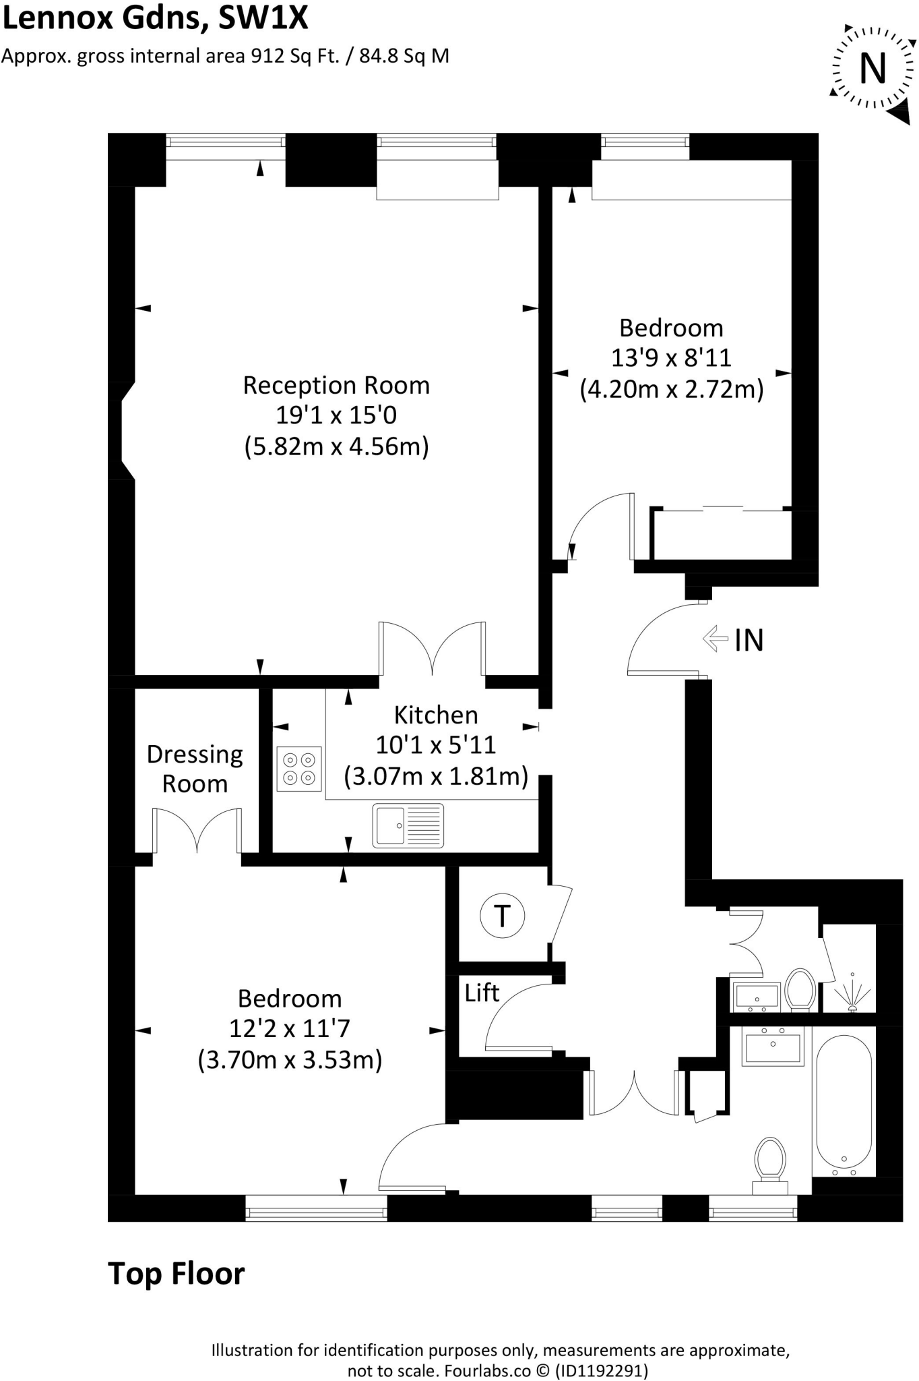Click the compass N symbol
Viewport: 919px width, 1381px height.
pyautogui.click(x=873, y=68)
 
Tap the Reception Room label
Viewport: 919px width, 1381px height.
pyautogui.click(x=336, y=386)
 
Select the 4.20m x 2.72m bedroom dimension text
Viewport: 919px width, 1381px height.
pyautogui.click(x=671, y=390)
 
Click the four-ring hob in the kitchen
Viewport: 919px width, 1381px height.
pyautogui.click(x=299, y=769)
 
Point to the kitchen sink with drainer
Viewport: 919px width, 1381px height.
pyautogui.click(x=408, y=825)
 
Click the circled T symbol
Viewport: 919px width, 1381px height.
pyautogui.click(x=502, y=916)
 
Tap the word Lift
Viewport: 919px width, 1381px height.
pyautogui.click(x=482, y=993)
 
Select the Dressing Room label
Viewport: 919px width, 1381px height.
pyautogui.click(x=195, y=769)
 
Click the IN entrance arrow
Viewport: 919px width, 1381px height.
pyautogui.click(x=715, y=639)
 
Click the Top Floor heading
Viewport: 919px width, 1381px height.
pyautogui.click(x=177, y=1274)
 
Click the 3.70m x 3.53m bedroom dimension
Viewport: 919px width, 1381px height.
pyautogui.click(x=290, y=1060)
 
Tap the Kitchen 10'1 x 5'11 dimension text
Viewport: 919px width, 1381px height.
pyautogui.click(x=435, y=745)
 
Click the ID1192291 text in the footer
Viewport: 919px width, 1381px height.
pyautogui.click(x=601, y=1370)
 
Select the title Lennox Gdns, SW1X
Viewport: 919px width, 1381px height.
pyautogui.click(x=155, y=18)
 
